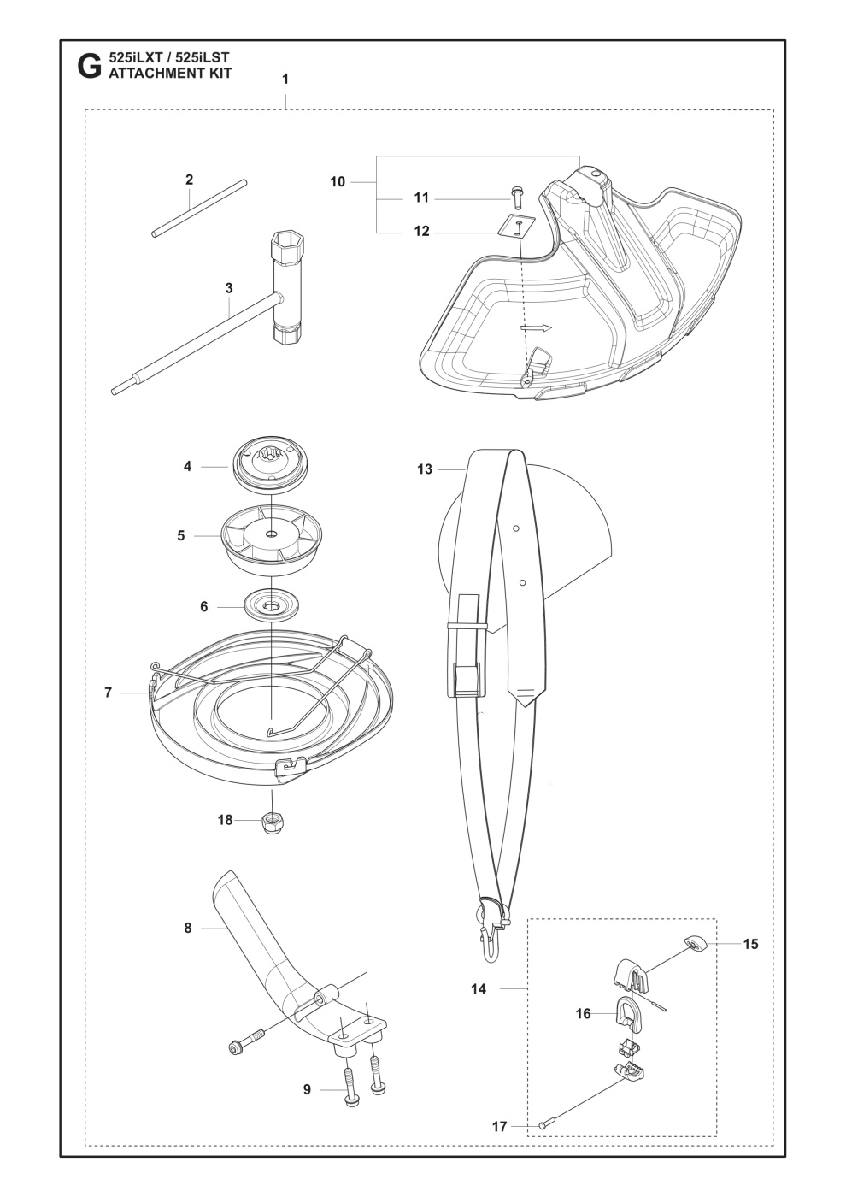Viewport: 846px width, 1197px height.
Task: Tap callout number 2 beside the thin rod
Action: pos(189,180)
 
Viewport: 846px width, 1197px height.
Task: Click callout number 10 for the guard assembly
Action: pos(338,181)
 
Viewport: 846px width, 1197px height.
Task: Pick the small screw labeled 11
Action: pos(516,197)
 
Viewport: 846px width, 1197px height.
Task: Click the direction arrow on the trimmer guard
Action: pos(536,327)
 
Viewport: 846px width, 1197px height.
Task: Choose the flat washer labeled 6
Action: pos(270,607)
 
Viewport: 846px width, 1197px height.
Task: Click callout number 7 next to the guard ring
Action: pos(109,693)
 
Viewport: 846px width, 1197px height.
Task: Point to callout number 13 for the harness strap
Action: pos(425,469)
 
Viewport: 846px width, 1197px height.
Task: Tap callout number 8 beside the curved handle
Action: pos(188,928)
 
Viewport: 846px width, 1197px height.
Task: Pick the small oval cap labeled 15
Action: pos(696,945)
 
